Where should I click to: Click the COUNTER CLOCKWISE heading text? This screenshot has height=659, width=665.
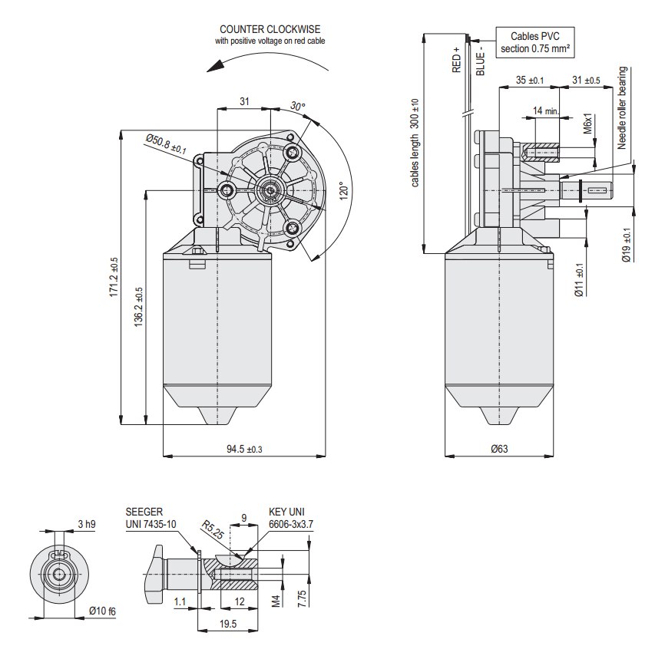click(x=270, y=29)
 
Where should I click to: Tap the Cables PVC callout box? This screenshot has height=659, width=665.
click(x=534, y=42)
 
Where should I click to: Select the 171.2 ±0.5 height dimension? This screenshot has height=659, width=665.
click(x=114, y=277)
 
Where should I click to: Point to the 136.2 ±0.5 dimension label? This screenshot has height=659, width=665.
click(x=139, y=307)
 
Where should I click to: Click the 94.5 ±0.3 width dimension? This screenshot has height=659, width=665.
click(x=244, y=449)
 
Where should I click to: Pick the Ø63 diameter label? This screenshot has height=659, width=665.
click(x=499, y=448)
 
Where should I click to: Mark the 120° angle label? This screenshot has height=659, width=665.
click(x=343, y=191)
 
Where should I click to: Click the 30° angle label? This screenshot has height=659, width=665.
click(x=298, y=106)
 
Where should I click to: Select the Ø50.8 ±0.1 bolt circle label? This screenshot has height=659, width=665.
click(x=166, y=144)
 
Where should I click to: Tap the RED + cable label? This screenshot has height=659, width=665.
click(x=456, y=60)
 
